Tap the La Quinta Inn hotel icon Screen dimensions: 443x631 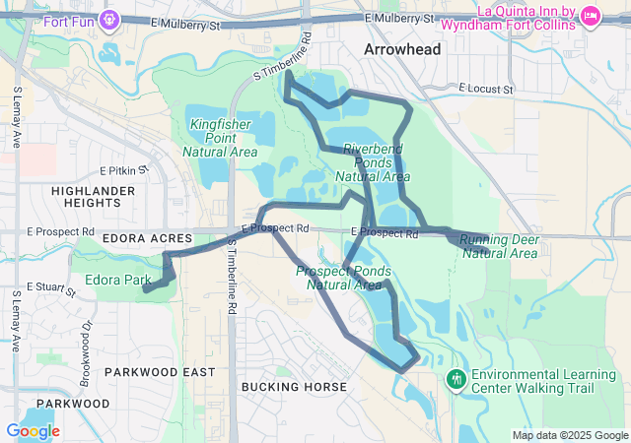592,15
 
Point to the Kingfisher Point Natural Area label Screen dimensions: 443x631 221,139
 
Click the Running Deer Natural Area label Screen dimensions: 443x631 499,246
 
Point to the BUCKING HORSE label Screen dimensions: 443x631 294,387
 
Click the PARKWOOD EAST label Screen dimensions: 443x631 159,372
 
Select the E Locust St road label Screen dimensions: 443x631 487,89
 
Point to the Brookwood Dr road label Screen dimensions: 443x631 88,339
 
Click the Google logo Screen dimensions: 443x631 33,431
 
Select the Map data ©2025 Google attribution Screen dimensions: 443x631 569,435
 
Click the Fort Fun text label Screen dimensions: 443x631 69,19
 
